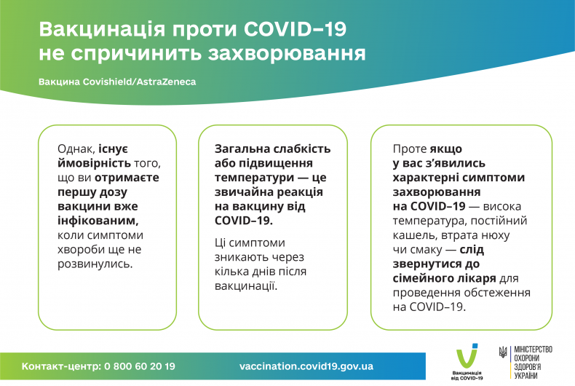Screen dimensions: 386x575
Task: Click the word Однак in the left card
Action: click(x=75, y=148)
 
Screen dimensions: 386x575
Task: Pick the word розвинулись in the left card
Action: click(x=94, y=263)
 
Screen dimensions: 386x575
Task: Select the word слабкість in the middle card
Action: click(x=298, y=148)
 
